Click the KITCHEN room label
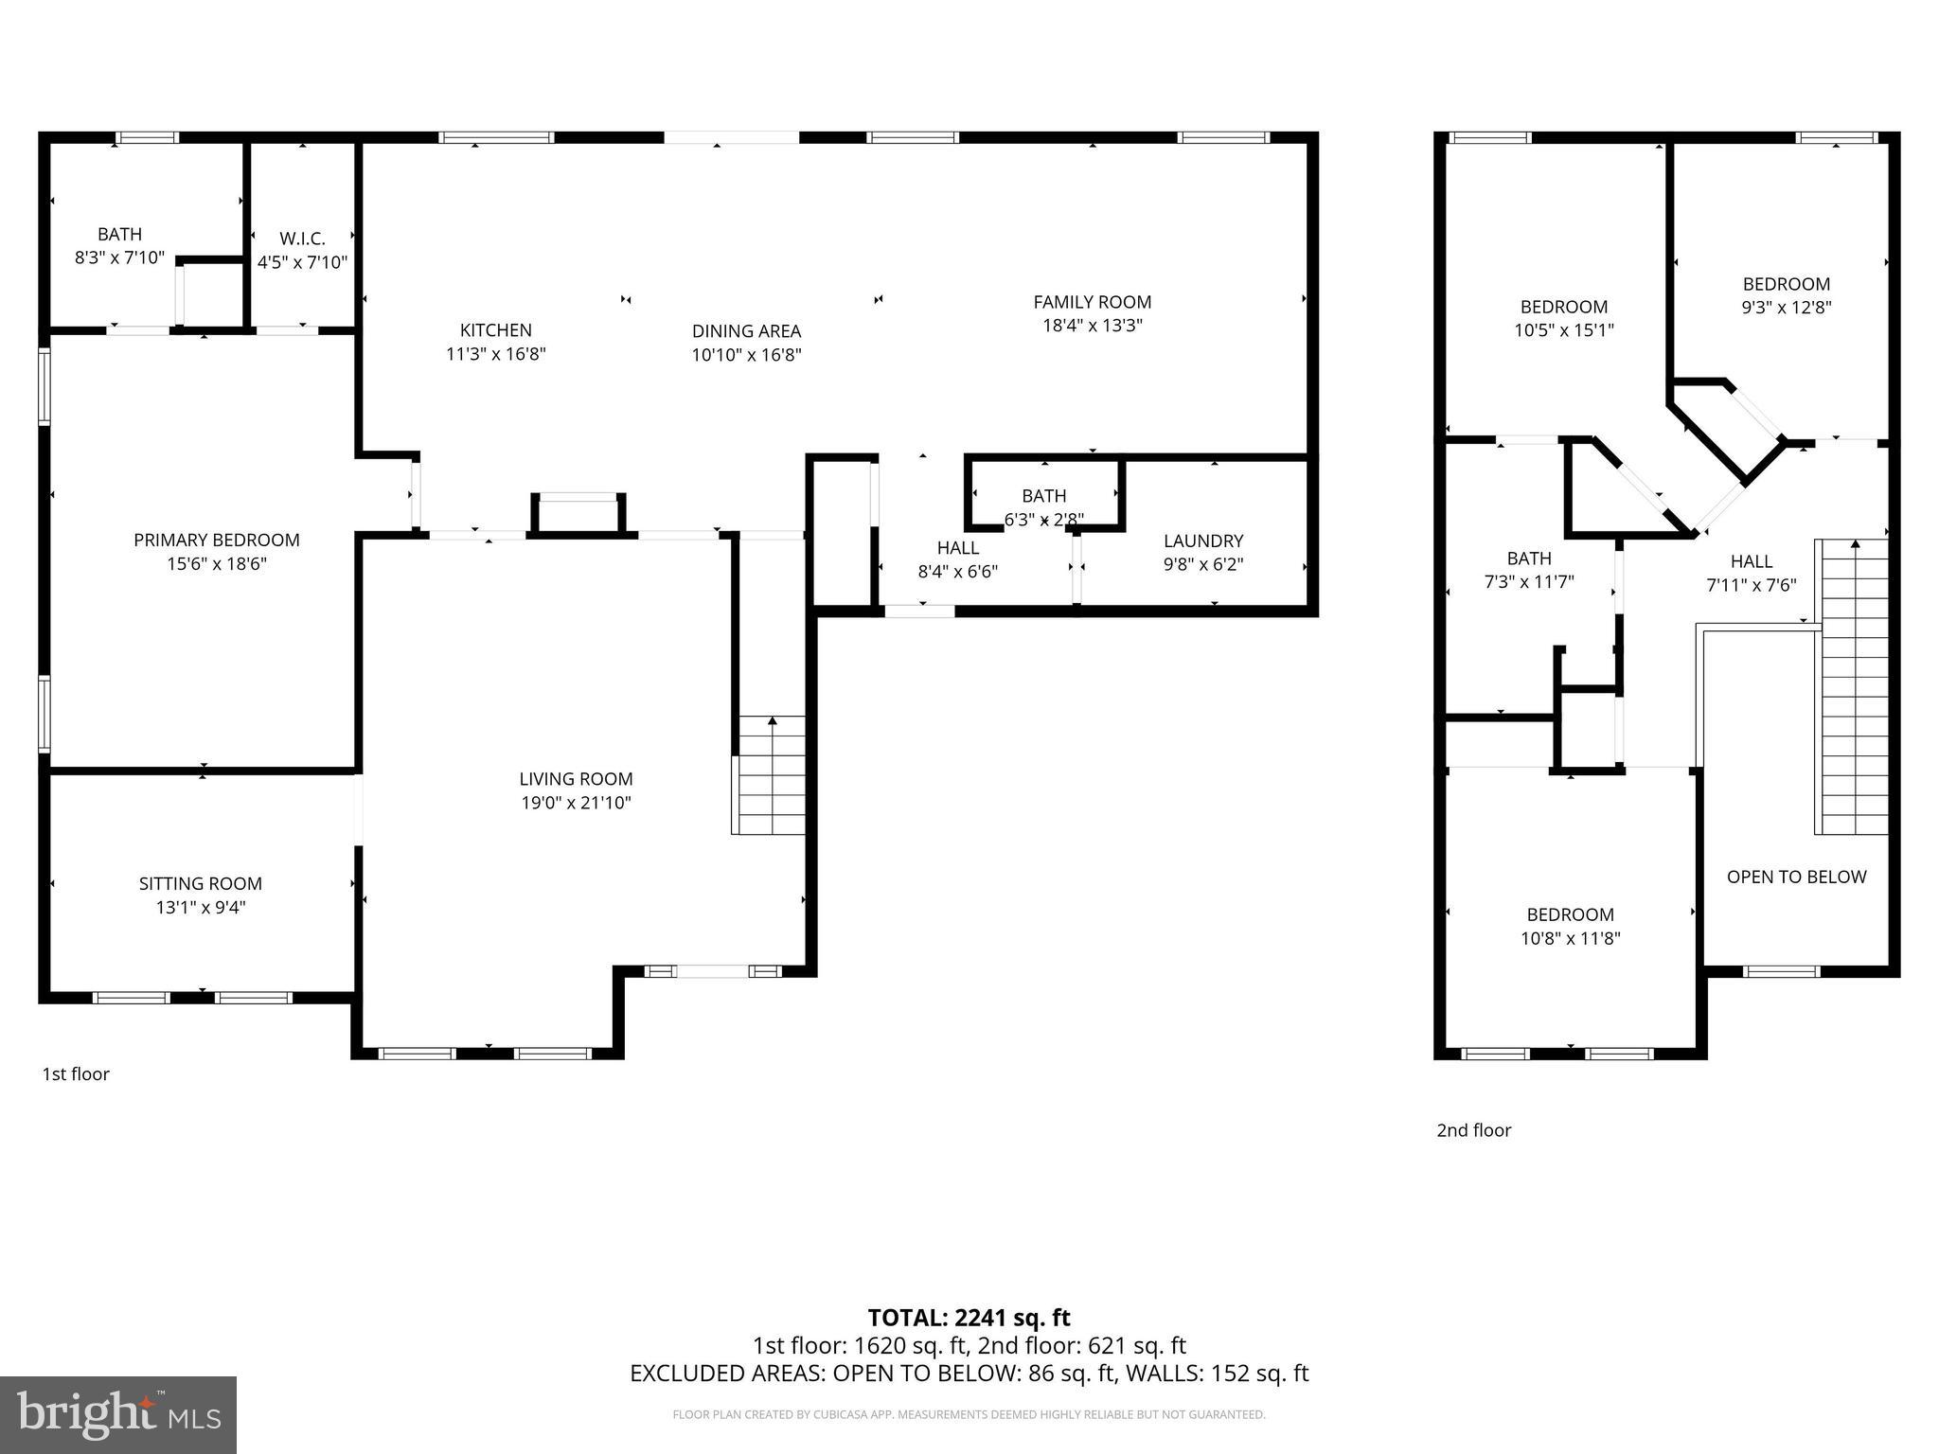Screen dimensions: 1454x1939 click(x=495, y=330)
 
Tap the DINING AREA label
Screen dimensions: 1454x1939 click(x=746, y=331)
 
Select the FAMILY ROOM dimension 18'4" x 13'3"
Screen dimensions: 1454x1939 click(x=1092, y=326)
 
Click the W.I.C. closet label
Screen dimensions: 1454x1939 click(x=302, y=239)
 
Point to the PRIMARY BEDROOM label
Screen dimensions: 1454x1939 click(x=216, y=541)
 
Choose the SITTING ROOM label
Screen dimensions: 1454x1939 click(x=200, y=883)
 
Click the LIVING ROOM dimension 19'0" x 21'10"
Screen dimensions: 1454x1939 click(x=575, y=803)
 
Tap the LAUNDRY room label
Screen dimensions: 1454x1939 click(x=1202, y=541)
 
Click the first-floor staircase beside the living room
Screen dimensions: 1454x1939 click(x=770, y=776)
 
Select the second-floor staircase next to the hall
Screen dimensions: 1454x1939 click(x=1852, y=687)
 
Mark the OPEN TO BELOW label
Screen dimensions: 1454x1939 click(x=1796, y=877)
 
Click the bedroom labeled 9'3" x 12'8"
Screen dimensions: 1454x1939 click(x=1786, y=295)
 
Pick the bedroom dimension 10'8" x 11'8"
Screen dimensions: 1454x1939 click(x=1570, y=938)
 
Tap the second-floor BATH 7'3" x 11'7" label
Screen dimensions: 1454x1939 click(x=1528, y=570)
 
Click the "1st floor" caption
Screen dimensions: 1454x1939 click(x=76, y=1073)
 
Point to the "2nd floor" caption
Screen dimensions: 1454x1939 click(x=1473, y=1129)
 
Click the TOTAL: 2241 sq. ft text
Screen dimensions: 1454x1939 click(x=969, y=1317)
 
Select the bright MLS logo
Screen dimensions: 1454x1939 click(x=118, y=1414)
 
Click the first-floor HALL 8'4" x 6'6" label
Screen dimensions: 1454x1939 click(x=957, y=559)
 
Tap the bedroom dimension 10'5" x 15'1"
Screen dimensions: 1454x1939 click(x=1563, y=330)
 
